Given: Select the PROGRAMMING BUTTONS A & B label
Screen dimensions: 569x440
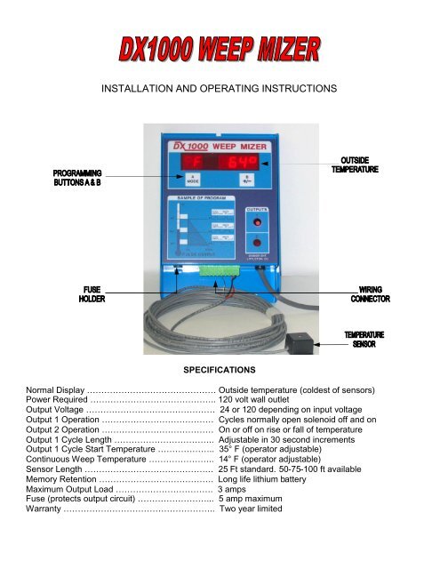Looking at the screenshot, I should pyautogui.click(x=75, y=178).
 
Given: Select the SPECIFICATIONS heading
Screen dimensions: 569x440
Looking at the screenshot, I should pyautogui.click(x=219, y=369).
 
